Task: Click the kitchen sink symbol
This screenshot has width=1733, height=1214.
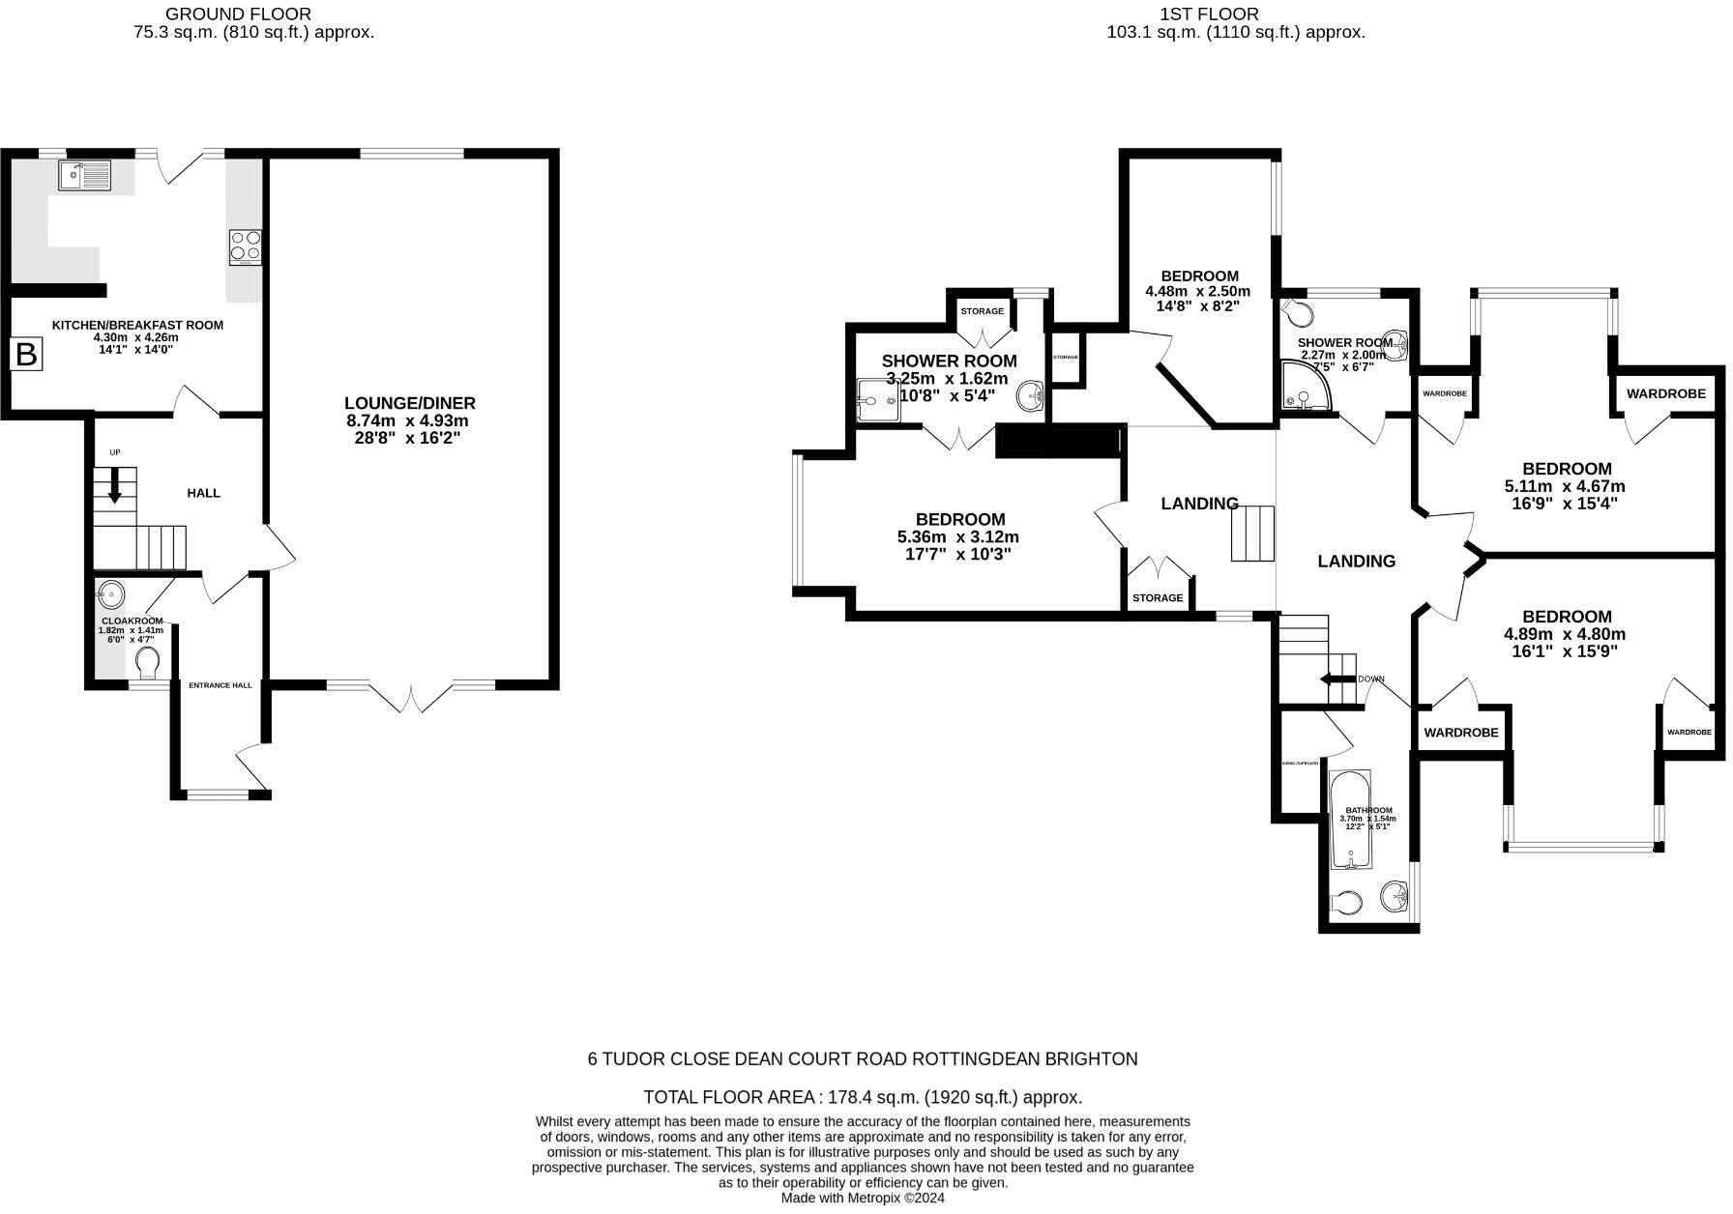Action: click(x=85, y=175)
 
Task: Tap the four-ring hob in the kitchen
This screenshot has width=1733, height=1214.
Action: click(x=245, y=247)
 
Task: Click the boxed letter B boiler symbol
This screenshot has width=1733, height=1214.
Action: click(x=26, y=355)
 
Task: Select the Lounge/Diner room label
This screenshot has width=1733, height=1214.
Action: click(x=410, y=403)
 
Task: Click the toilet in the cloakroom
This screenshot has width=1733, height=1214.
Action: click(x=147, y=664)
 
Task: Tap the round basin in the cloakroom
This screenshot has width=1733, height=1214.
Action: click(x=110, y=592)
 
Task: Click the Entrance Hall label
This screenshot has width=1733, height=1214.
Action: click(x=220, y=685)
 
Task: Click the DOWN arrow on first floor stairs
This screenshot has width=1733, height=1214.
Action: click(x=1338, y=679)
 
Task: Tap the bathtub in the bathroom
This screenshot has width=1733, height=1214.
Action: click(x=1348, y=818)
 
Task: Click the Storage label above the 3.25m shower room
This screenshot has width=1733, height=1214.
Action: click(x=982, y=311)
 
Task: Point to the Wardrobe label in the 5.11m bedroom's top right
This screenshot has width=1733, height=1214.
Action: click(x=1665, y=393)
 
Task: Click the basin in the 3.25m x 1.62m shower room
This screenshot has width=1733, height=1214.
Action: click(x=1031, y=394)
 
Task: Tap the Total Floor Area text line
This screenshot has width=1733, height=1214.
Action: click(x=863, y=1097)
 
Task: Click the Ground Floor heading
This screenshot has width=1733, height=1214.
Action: click(x=238, y=14)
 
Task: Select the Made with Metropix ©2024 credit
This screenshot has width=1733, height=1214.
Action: click(x=863, y=1198)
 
